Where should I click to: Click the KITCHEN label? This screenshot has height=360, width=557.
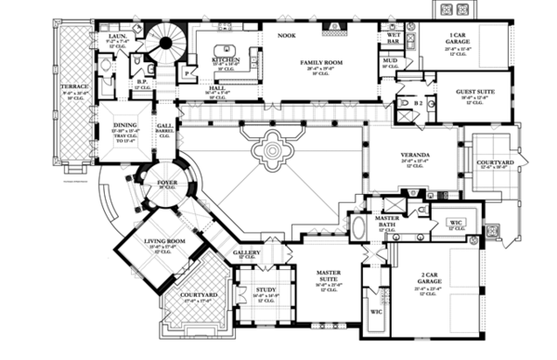tap(227, 59)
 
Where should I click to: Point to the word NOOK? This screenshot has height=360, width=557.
tap(287, 34)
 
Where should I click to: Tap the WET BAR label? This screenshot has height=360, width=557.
tap(394, 39)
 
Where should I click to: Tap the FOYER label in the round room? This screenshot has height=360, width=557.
tap(166, 183)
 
